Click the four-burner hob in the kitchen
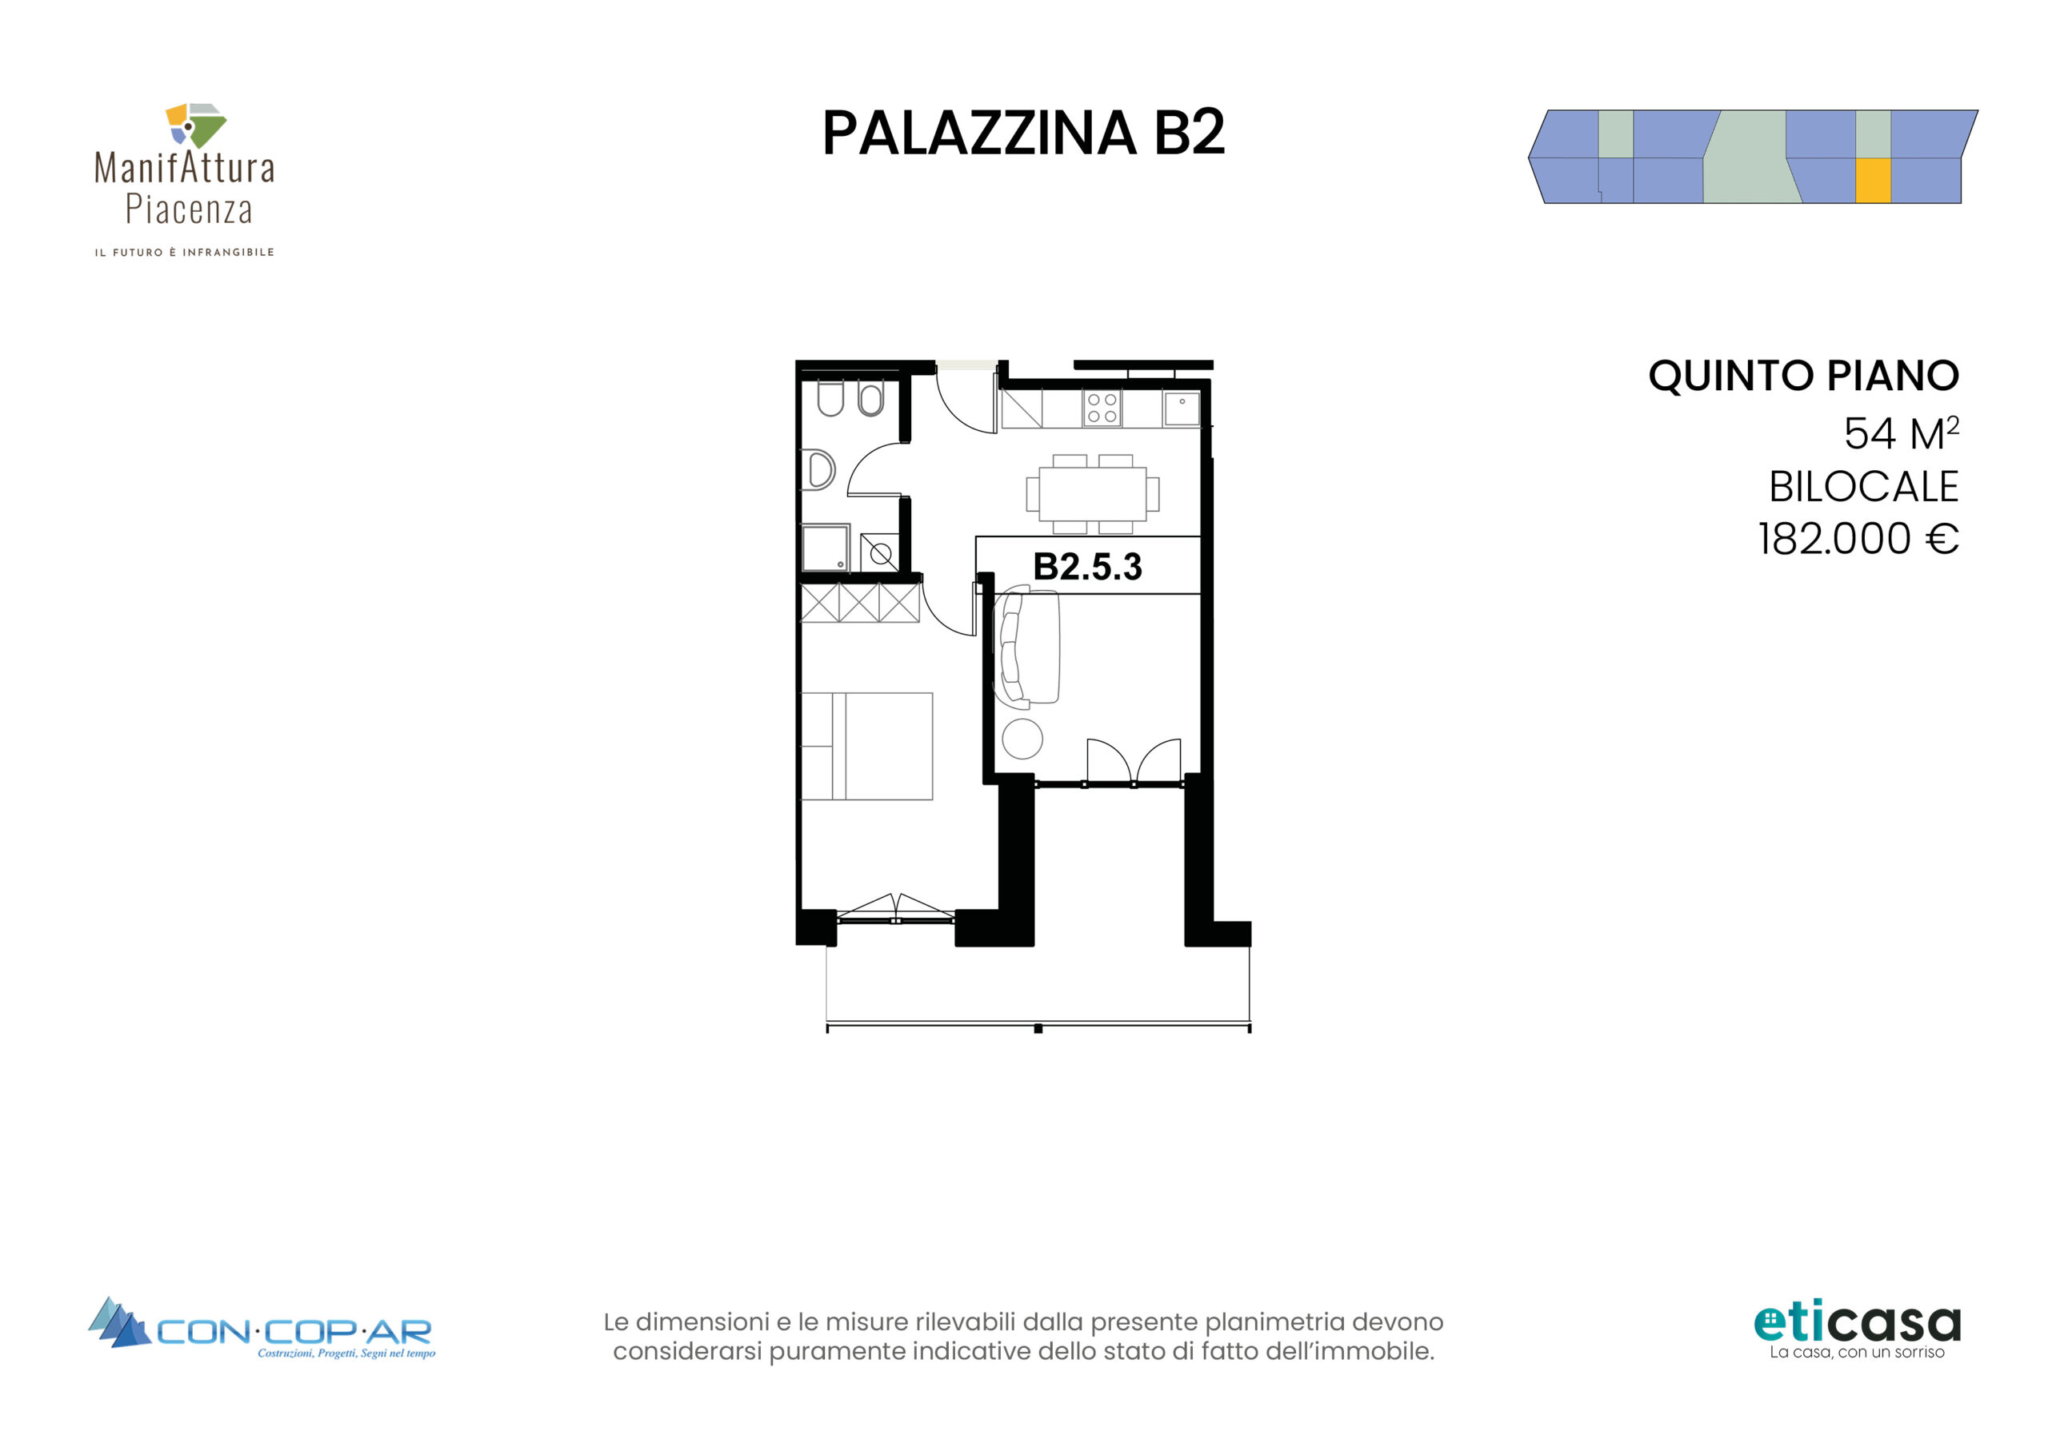(1102, 409)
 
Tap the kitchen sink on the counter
(1182, 409)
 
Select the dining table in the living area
(1093, 494)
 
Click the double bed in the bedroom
(867, 746)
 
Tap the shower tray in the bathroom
(825, 548)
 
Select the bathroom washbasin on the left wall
(819, 470)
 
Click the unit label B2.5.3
(1087, 566)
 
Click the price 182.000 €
(1858, 539)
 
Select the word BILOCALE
(1863, 487)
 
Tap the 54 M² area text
(1901, 433)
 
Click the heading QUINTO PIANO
(1803, 376)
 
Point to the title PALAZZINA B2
(1023, 133)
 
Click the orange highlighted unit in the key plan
(1873, 181)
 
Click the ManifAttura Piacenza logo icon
(195, 126)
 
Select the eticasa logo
(1857, 1331)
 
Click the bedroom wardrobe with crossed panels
(860, 603)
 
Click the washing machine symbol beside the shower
(879, 552)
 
